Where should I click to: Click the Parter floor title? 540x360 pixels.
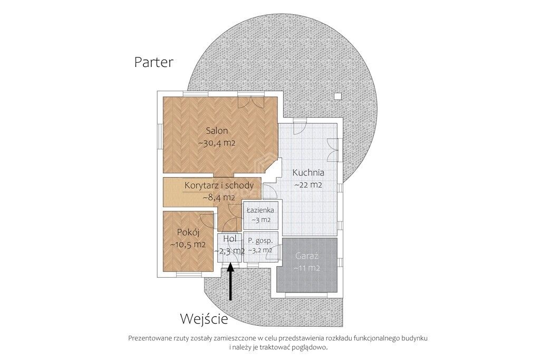click(x=153, y=62)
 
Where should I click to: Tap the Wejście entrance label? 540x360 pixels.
click(x=204, y=319)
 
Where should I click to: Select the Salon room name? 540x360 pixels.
click(x=217, y=131)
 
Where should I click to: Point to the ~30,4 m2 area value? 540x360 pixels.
click(x=217, y=143)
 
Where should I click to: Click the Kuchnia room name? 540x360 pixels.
click(x=308, y=172)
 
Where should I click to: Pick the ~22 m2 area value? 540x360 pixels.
click(x=308, y=185)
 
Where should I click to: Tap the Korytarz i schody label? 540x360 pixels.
click(x=219, y=185)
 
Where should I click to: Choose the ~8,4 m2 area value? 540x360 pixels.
click(x=219, y=198)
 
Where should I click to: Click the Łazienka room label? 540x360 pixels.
click(x=261, y=210)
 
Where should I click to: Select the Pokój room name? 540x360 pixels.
click(x=188, y=232)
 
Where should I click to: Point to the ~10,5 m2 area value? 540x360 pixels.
click(x=188, y=245)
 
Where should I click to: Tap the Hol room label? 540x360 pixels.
click(x=230, y=239)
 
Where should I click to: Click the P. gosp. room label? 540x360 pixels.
click(x=261, y=241)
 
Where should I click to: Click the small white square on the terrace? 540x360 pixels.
click(x=338, y=96)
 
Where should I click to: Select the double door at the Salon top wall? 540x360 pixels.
click(x=258, y=101)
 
